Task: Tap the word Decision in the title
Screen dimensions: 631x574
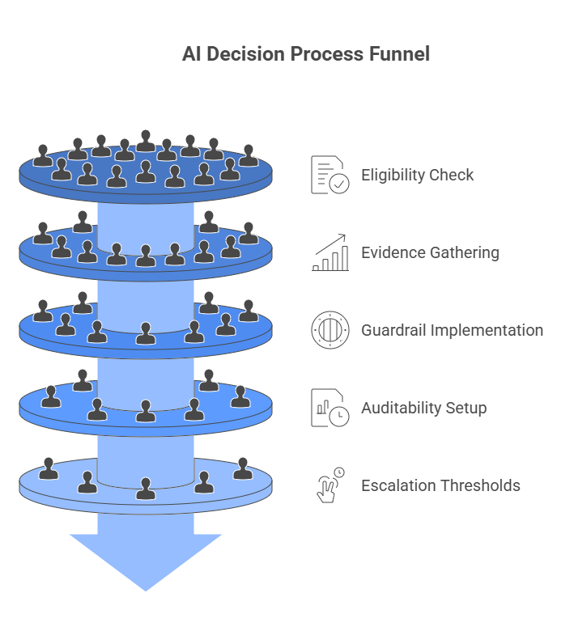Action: point(239,54)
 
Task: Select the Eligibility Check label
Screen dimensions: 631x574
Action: point(417,175)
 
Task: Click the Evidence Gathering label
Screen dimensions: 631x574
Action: point(430,252)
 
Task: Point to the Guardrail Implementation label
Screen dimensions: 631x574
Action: point(452,330)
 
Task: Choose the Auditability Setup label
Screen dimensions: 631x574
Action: point(423,408)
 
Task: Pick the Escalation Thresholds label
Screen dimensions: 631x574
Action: point(440,485)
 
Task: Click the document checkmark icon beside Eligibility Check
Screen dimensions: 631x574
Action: point(330,175)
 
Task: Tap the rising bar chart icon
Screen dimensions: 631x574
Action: point(330,252)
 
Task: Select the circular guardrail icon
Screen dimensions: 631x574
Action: point(330,330)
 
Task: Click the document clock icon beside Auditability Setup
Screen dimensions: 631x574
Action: point(330,408)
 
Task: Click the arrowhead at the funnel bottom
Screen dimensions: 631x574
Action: point(146,561)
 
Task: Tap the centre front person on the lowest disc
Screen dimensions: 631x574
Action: point(146,489)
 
